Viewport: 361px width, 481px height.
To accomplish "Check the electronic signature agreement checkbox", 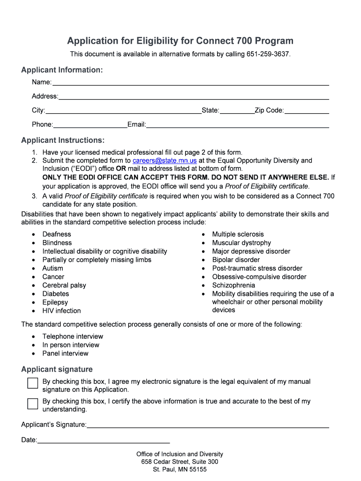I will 32,383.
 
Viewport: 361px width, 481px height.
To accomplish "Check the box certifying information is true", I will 32,403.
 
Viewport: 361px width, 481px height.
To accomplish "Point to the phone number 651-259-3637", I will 268,54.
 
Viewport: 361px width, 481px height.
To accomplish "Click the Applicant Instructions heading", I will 63,140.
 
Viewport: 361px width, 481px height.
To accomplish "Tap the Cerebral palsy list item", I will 64,285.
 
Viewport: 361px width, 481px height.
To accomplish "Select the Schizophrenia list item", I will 233,285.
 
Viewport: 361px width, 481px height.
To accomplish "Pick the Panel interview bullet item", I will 65,353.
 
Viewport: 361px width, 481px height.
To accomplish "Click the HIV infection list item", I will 61,310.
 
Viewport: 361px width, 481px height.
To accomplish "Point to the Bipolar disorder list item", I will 236,260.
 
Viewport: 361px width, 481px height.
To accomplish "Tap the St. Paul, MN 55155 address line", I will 180,469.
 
